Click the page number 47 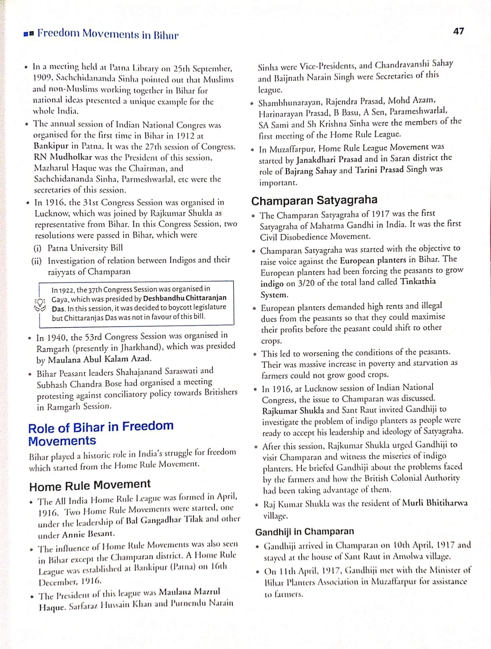458,31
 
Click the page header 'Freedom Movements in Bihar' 108,34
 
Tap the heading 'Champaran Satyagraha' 314,200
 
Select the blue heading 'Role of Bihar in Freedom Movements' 101,433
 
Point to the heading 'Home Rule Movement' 90,485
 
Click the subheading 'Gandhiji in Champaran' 304,531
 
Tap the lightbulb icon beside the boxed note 41,304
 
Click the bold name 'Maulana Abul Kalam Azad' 99,359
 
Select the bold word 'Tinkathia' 418,282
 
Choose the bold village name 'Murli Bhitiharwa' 435,503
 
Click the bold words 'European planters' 373,260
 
